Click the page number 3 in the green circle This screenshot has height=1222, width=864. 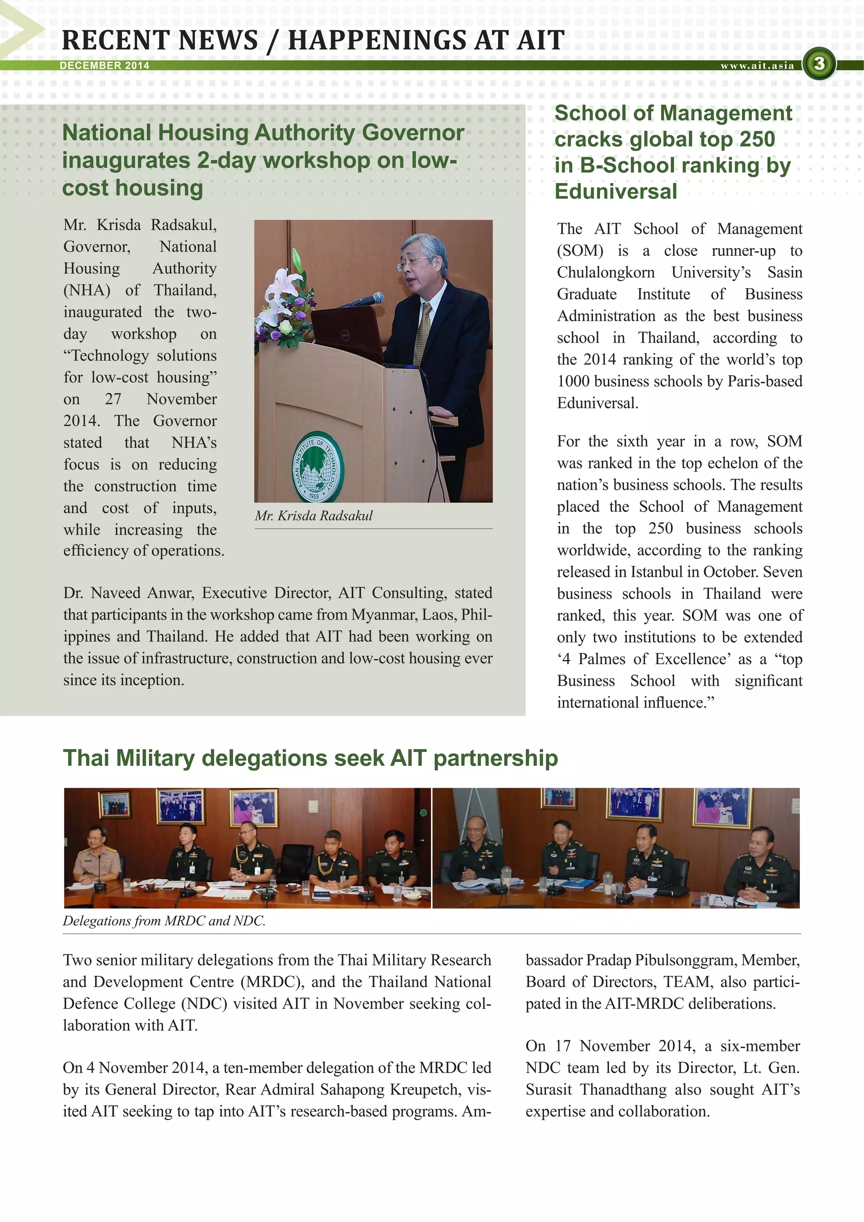click(x=819, y=64)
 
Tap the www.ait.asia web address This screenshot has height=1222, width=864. click(x=757, y=65)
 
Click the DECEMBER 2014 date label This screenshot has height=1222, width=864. click(x=104, y=65)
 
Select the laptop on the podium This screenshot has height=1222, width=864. click(x=346, y=332)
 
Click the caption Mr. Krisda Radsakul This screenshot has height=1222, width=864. click(x=313, y=515)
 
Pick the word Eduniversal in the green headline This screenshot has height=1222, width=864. click(x=616, y=191)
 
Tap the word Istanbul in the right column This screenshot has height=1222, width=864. click(x=657, y=572)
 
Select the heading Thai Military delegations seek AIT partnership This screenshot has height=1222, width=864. click(x=310, y=758)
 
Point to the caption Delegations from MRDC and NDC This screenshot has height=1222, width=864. click(x=164, y=921)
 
